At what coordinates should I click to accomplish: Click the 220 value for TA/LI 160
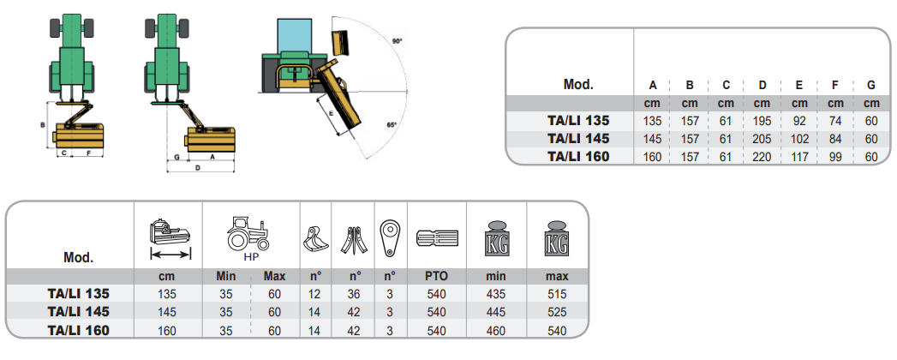click(x=762, y=157)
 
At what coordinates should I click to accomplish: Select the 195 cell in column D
click(x=762, y=121)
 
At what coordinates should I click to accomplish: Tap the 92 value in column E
click(x=798, y=121)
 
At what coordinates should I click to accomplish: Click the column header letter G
click(x=870, y=85)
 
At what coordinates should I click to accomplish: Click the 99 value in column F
click(x=834, y=157)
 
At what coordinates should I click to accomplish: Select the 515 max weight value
click(x=557, y=293)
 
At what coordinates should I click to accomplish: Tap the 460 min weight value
click(x=496, y=329)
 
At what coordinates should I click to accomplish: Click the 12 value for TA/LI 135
click(x=314, y=293)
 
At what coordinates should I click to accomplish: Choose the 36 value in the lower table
click(x=354, y=293)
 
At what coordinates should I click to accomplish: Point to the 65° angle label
click(x=392, y=125)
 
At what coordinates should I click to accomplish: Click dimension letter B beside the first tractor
click(x=43, y=125)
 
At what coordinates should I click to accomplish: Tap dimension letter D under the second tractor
click(x=198, y=169)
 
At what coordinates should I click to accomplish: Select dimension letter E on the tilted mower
click(x=331, y=112)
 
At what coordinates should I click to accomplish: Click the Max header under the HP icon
click(x=274, y=276)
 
